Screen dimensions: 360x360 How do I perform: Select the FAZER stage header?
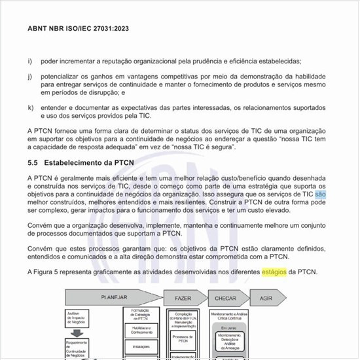coord(183,298)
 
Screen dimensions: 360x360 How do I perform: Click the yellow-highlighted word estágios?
coord(274,272)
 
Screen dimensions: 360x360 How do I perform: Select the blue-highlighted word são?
coord(320,194)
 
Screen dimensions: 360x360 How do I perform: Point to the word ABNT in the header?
coord(39,29)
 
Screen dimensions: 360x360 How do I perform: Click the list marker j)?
coord(30,77)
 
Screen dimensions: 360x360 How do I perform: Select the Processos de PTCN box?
coord(183,339)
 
